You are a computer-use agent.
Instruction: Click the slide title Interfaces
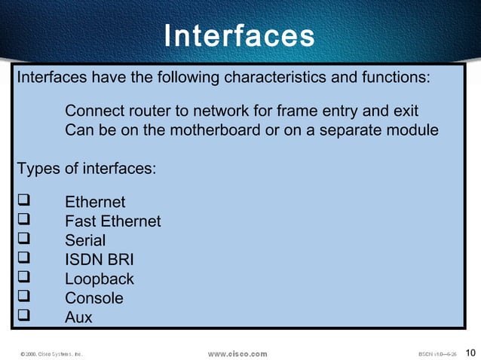click(x=239, y=35)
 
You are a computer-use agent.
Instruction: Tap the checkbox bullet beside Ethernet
click(x=22, y=202)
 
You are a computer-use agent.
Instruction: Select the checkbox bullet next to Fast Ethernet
click(x=22, y=221)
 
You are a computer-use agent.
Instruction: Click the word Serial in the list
click(x=85, y=240)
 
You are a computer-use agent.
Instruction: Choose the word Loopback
click(x=100, y=279)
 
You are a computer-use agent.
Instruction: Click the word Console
click(x=94, y=298)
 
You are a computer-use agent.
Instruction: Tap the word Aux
click(x=78, y=317)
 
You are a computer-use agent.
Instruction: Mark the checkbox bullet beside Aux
click(x=22, y=316)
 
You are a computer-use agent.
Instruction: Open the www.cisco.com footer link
click(x=237, y=353)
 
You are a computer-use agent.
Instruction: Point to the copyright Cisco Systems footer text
click(x=51, y=353)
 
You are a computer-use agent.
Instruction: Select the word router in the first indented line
click(x=143, y=111)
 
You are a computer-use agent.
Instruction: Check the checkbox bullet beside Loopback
click(x=22, y=278)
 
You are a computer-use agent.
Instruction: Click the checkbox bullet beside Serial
click(x=22, y=239)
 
